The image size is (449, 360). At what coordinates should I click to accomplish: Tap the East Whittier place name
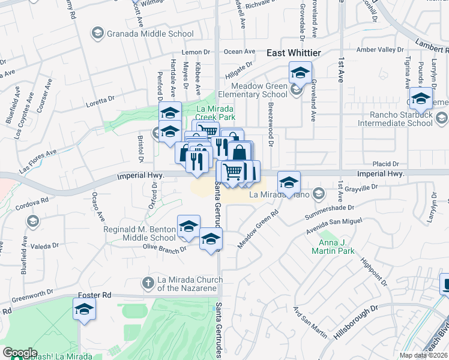point(294,53)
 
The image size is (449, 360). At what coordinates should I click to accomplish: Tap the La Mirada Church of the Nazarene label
point(190,284)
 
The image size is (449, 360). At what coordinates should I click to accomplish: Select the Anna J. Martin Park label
point(333,247)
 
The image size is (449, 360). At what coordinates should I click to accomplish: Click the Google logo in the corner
point(20,353)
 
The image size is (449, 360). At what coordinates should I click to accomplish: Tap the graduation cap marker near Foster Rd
point(84,310)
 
